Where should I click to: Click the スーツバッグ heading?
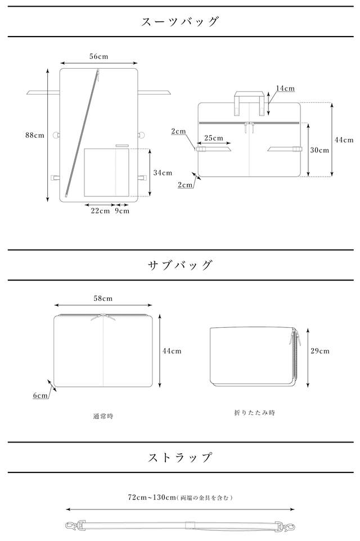pos(179,22)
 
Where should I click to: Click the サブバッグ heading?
pos(179,265)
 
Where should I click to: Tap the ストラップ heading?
pos(179,457)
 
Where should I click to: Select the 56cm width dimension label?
pos(98,56)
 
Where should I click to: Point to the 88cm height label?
pos(34,135)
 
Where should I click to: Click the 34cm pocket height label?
pos(163,173)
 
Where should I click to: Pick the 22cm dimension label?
pos(101,211)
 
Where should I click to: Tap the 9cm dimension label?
pos(122,211)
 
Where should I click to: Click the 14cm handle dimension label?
pos(285,88)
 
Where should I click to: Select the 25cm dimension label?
pos(213,138)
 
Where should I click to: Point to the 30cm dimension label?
pos(319,150)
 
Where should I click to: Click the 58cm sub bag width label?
pos(103,298)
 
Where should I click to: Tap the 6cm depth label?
pos(40,395)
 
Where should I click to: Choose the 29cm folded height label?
pos(320,350)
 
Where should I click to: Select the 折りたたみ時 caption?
pos(254,412)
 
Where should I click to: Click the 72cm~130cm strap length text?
pos(180,497)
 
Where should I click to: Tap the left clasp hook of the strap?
pos(71,527)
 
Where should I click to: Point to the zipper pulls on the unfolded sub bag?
pos(103,318)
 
